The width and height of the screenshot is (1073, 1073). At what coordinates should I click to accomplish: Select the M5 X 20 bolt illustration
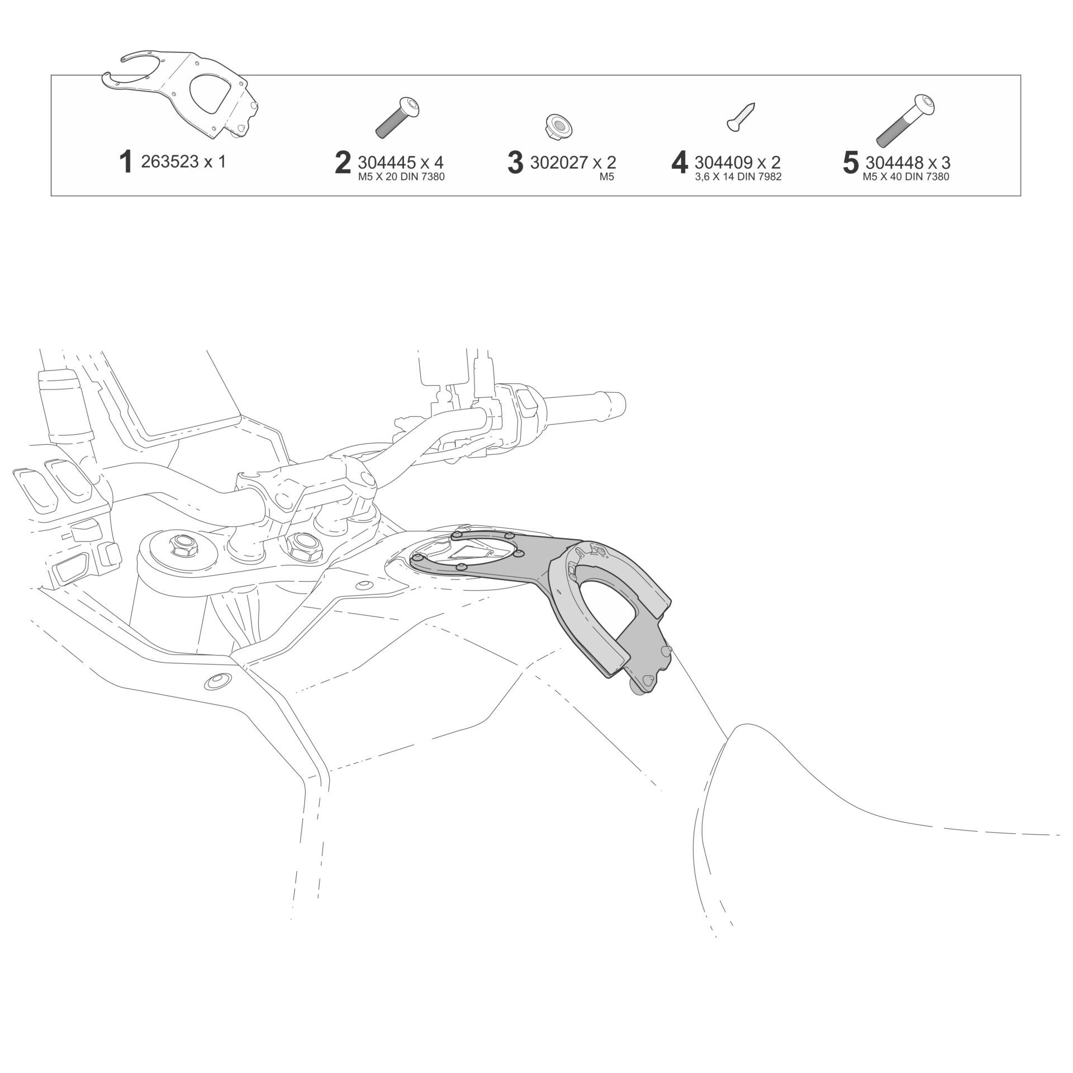click(398, 117)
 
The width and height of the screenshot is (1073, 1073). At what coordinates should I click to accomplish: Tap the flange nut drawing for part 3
click(554, 125)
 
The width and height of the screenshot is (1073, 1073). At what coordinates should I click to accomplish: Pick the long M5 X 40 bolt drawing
click(906, 118)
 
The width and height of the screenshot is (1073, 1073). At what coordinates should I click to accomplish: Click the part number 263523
click(170, 162)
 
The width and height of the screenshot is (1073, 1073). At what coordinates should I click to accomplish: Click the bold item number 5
click(850, 163)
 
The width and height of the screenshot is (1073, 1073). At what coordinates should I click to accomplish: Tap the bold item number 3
click(515, 163)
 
